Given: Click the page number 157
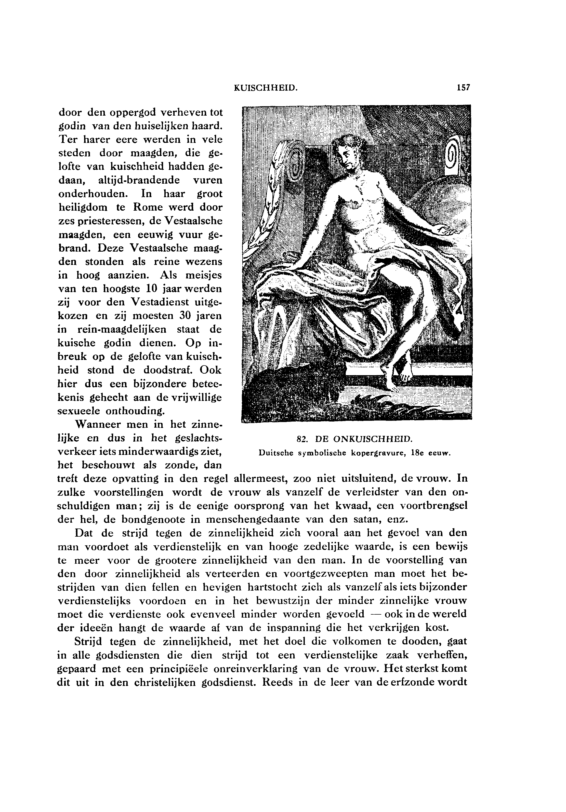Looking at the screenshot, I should pos(463,87).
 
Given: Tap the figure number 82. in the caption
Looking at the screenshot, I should pos(301,439).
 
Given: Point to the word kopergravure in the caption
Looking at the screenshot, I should pos(379,453).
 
